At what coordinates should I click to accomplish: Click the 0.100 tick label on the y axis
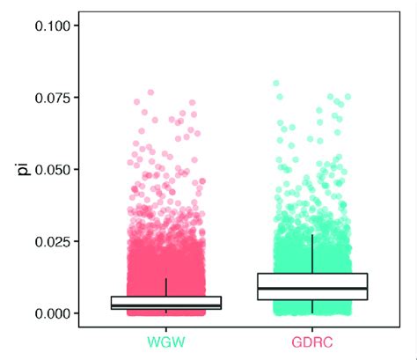tap(52, 26)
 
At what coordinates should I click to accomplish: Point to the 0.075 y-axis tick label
tap(52, 97)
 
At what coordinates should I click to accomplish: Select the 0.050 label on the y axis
tap(52, 169)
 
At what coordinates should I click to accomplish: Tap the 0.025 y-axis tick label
tap(52, 241)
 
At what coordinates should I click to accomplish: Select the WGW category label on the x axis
tap(166, 340)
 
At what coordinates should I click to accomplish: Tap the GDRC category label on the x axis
tap(312, 340)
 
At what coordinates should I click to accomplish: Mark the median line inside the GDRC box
tap(312, 288)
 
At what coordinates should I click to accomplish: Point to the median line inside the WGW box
tap(166, 305)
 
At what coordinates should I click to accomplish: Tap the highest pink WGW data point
tap(150, 92)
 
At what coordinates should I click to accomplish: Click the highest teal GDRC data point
tap(275, 83)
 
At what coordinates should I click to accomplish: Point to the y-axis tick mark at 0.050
tap(76, 169)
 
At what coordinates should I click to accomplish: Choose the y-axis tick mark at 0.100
tap(76, 26)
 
